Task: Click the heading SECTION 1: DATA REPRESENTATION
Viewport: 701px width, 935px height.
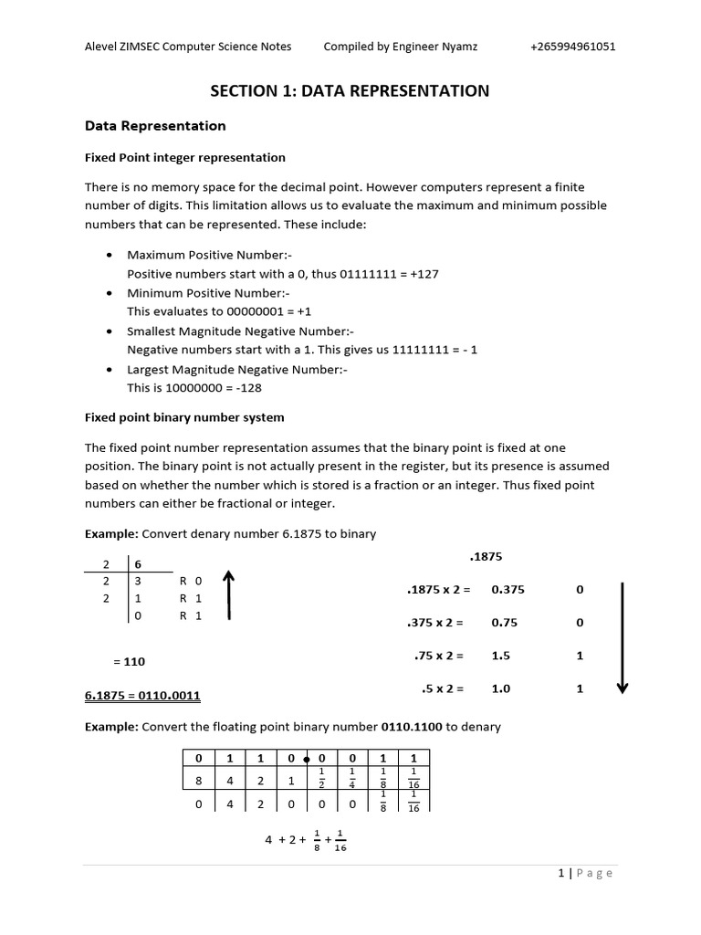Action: (350, 90)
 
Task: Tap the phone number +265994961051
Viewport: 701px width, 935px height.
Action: (572, 47)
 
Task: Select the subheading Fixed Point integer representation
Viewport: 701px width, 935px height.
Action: (184, 158)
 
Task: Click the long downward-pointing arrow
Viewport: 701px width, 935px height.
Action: (623, 638)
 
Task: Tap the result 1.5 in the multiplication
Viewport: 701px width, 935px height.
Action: (500, 656)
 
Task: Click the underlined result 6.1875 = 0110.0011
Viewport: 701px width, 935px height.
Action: (142, 696)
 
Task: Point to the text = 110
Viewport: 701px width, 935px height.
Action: (129, 661)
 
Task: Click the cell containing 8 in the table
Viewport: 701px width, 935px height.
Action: (198, 781)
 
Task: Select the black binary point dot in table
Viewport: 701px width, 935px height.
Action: (307, 759)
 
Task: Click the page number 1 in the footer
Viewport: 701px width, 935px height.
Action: (562, 873)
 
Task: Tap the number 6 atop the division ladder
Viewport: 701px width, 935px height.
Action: (139, 565)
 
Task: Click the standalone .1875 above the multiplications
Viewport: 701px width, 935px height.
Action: (486, 556)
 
